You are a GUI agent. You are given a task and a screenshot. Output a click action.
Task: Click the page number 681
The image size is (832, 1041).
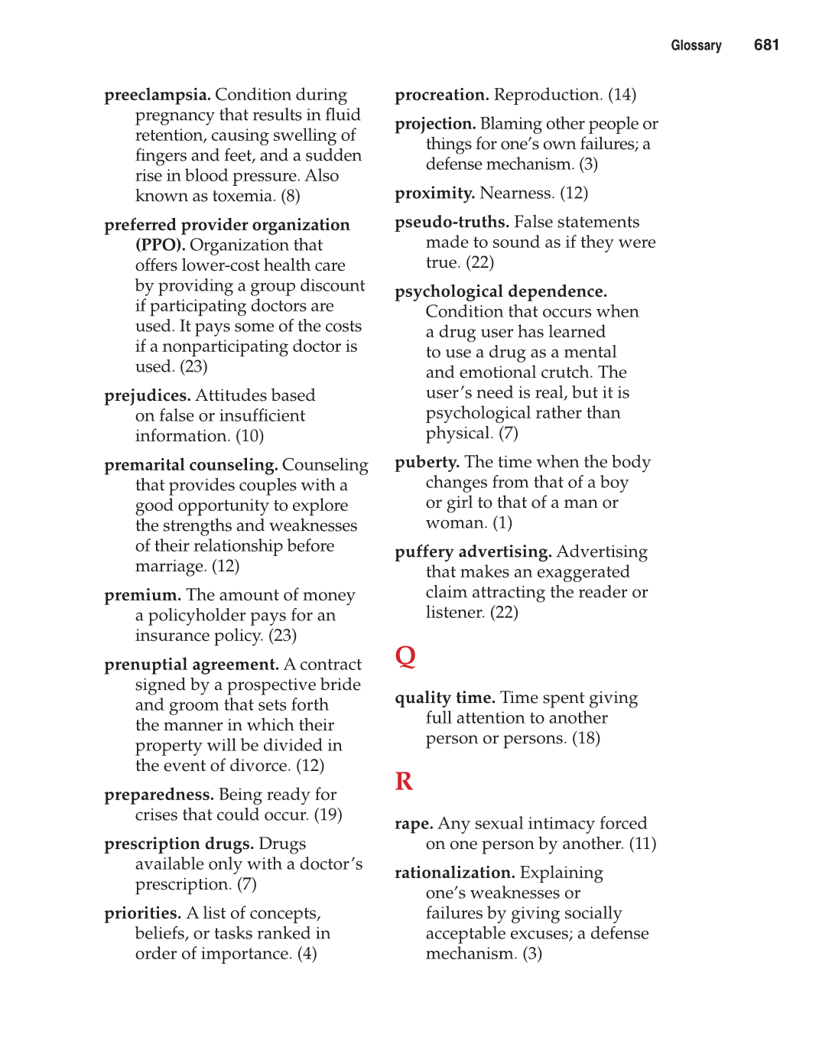tap(765, 45)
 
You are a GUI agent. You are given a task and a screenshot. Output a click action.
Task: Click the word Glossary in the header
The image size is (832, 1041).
tap(696, 46)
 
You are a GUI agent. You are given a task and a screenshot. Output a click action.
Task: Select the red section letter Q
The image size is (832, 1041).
tap(405, 656)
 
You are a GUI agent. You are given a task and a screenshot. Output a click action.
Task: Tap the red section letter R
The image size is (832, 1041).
tap(404, 781)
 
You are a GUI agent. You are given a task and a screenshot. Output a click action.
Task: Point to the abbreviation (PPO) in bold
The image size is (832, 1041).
tap(160, 246)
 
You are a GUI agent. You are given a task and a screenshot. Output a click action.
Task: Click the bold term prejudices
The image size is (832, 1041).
tap(148, 396)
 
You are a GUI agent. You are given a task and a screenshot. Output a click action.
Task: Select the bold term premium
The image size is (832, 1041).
tap(143, 596)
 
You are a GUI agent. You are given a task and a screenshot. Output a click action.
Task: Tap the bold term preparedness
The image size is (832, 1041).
tap(159, 795)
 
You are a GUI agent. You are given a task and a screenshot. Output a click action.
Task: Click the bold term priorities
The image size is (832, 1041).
tap(143, 914)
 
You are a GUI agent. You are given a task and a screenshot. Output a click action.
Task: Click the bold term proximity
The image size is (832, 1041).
tap(435, 194)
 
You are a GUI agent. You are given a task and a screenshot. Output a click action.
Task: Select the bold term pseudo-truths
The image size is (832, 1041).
tap(452, 223)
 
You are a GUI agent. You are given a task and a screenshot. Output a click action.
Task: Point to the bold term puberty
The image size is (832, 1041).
tap(427, 463)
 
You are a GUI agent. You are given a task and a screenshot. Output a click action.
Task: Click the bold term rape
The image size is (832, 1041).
tap(414, 825)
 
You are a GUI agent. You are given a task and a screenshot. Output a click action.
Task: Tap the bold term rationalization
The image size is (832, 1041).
tap(455, 873)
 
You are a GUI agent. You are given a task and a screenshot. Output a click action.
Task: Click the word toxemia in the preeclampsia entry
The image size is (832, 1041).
tap(243, 197)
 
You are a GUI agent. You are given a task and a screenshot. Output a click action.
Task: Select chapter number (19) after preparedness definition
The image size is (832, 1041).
tap(328, 815)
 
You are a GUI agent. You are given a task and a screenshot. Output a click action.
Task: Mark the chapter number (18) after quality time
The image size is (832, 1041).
tap(586, 739)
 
